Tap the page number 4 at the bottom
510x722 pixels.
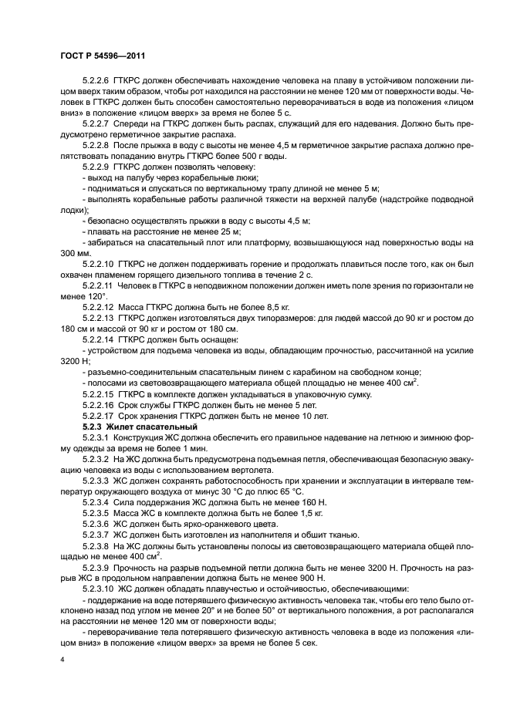(62, 660)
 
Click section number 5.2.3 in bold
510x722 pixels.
(93, 427)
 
